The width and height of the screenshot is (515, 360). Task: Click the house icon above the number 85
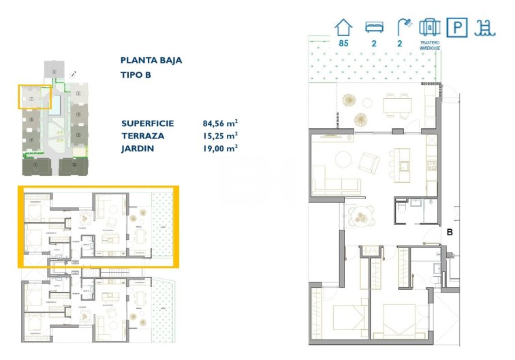344,27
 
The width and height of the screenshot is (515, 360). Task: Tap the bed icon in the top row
373,27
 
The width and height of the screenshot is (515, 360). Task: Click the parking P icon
456,27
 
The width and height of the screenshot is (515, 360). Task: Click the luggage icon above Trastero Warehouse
430,27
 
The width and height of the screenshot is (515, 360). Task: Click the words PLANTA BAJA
151,60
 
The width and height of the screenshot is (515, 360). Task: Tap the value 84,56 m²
220,123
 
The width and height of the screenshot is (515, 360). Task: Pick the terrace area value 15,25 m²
220,136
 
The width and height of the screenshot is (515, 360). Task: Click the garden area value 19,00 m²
220,148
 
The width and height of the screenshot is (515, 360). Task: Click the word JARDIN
138,148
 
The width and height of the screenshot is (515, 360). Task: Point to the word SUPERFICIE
148,123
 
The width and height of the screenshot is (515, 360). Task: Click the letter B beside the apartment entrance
450,232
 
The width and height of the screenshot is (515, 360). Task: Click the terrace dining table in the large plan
397,106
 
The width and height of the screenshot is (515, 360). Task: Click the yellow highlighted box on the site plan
34,97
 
